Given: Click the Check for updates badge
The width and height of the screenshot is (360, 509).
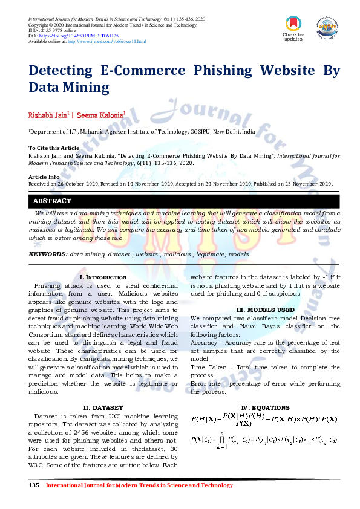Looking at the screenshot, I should [x=293, y=28].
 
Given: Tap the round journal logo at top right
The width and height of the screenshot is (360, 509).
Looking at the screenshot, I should [x=326, y=27].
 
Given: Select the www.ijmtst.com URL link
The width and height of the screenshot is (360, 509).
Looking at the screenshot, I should [x=106, y=41].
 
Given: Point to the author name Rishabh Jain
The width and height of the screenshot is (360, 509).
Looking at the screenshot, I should [x=48, y=114].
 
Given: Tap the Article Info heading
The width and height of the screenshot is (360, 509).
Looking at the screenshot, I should [x=44, y=177].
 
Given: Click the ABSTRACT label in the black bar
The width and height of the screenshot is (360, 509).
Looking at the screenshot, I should [x=52, y=201].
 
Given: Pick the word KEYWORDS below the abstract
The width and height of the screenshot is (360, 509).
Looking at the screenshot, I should [x=48, y=254].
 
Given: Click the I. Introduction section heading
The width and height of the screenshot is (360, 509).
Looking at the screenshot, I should [x=103, y=277].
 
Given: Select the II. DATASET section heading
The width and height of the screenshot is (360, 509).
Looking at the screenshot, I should [x=103, y=407].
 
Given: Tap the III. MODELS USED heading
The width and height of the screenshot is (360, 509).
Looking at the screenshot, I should [x=265, y=310].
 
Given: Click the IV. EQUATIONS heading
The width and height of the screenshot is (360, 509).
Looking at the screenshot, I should [x=265, y=408].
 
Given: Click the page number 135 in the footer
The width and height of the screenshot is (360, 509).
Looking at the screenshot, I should [x=34, y=485].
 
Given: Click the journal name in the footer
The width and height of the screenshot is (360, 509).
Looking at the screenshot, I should [x=139, y=485].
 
